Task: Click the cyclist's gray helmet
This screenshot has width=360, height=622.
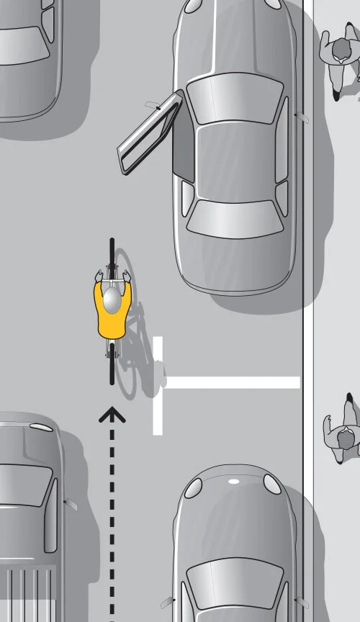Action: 112,300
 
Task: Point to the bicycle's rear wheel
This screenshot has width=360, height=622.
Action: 112,367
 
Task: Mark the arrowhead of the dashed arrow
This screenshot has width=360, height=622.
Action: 112,413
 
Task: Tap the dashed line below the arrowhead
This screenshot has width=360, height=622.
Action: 112,504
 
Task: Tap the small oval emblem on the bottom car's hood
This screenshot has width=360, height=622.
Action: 233,481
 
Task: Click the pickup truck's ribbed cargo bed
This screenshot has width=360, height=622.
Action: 29,594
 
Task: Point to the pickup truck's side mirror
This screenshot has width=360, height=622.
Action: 70,505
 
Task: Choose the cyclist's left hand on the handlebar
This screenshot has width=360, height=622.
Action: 98,274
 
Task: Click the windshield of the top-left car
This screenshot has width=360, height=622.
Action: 22,47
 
